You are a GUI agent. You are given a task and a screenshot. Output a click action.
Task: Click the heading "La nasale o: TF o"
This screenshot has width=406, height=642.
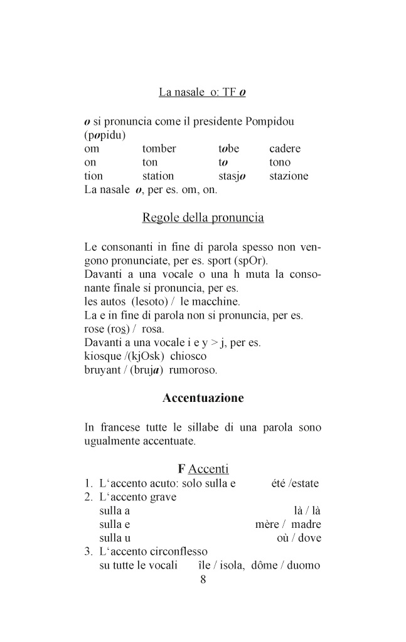[202, 93]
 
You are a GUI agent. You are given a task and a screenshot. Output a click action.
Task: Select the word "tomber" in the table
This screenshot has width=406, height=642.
[159, 149]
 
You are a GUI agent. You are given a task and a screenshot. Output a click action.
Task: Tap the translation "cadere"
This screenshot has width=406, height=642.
[285, 149]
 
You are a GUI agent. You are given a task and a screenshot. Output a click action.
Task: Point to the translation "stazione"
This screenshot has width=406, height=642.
[289, 176]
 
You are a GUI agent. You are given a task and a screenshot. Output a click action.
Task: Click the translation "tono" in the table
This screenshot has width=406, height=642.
[280, 162]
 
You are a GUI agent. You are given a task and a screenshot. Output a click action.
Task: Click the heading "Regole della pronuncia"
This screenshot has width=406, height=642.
[203, 218]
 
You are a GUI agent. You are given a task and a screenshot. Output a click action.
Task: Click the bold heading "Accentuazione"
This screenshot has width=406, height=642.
[203, 398]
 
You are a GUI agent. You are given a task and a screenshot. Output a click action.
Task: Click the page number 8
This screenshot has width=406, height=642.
[203, 579]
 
